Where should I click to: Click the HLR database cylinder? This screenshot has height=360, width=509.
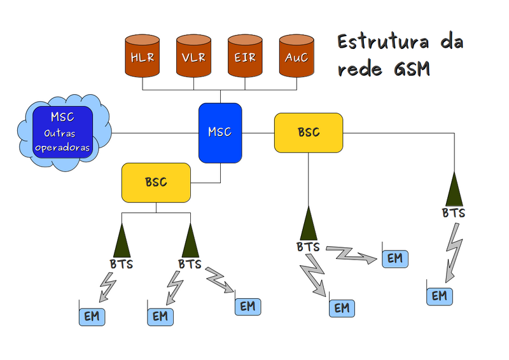pyautogui.click(x=143, y=57)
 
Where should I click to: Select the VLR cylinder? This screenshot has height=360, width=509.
pyautogui.click(x=193, y=57)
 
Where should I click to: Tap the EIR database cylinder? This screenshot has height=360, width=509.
pyautogui.click(x=245, y=57)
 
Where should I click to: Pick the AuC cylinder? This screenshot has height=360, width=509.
pyautogui.click(x=296, y=57)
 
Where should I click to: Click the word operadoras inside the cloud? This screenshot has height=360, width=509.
pyautogui.click(x=62, y=147)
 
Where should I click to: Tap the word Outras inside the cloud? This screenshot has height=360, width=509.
pyautogui.click(x=62, y=134)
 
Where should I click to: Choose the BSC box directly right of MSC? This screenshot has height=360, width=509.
pyautogui.click(x=309, y=132)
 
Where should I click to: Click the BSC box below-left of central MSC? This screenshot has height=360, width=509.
pyautogui.click(x=156, y=183)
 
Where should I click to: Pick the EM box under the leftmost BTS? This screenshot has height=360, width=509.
pyautogui.click(x=92, y=316)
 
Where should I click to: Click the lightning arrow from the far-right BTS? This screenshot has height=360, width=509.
pyautogui.click(x=454, y=251)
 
